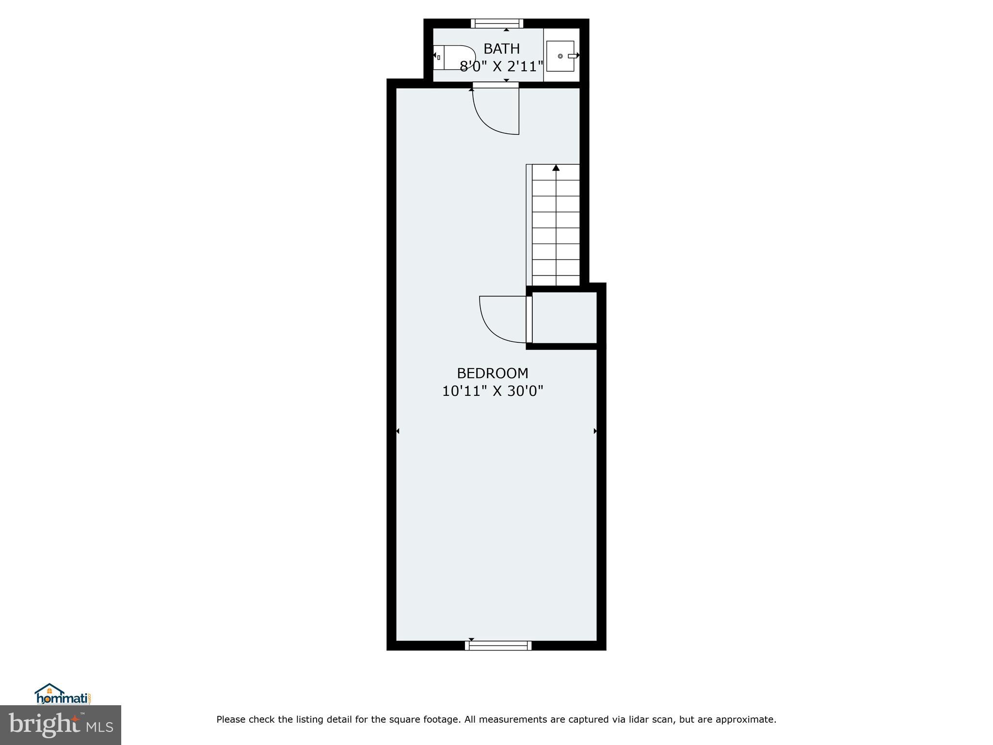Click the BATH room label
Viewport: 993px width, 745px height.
pos(501,49)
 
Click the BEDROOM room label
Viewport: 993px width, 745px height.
pos(492,373)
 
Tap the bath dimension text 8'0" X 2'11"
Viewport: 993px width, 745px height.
pos(501,66)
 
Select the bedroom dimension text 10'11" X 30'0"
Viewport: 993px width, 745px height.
pos(492,391)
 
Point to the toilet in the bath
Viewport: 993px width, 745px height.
pos(454,58)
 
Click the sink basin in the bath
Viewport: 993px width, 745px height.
pos(560,56)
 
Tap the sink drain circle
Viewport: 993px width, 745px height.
pos(560,56)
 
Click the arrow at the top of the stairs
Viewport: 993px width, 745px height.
pos(556,168)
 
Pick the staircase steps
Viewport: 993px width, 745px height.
pos(556,228)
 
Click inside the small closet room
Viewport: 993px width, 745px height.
pos(565,318)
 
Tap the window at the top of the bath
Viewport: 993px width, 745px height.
pos(497,23)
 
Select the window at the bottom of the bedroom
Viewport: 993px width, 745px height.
pos(498,646)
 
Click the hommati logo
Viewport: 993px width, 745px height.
pos(63,695)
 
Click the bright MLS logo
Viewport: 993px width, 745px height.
pos(61,725)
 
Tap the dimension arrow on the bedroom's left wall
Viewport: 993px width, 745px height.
pos(398,431)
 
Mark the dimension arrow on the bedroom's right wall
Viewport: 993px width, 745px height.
pos(595,431)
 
